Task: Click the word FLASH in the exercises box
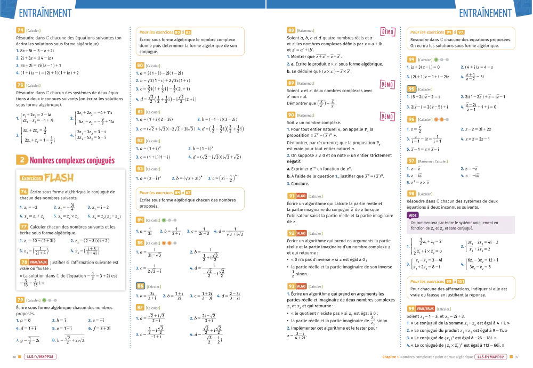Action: [x=59, y=177]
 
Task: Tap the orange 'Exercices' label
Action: [x=31, y=178]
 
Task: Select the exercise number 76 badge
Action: [x=24, y=191]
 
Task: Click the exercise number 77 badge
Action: [x=24, y=226]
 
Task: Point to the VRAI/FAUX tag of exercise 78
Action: [x=38, y=262]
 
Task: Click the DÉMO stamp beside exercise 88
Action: [x=387, y=32]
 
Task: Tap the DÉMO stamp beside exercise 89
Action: [x=387, y=84]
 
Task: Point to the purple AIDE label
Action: [x=414, y=216]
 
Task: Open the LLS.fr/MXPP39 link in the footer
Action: [x=489, y=357]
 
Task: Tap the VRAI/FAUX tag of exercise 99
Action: [x=426, y=308]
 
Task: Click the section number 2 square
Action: [x=21, y=159]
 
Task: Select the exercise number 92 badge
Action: [x=291, y=233]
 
